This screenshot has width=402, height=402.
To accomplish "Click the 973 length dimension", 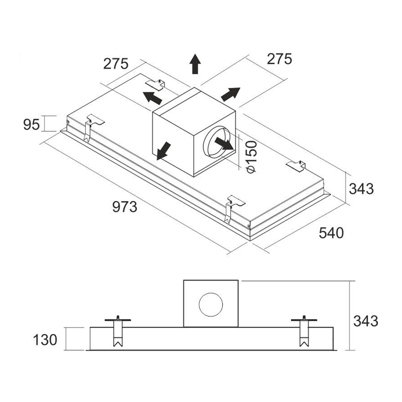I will (x=125, y=207).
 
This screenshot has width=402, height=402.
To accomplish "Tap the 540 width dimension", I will (x=331, y=232).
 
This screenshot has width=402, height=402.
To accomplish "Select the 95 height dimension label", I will (x=31, y=125).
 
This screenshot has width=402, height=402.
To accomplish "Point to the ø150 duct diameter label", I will (x=250, y=156).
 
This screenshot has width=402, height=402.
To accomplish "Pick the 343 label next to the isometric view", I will (x=361, y=188).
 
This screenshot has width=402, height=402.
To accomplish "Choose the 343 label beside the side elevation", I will (x=365, y=321).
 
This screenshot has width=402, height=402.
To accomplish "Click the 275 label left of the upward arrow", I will (x=115, y=64).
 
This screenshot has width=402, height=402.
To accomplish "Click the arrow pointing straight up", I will (x=195, y=64).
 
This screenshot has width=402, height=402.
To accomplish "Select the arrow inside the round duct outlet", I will (x=224, y=144).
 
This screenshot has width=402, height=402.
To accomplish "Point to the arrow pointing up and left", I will (x=152, y=97).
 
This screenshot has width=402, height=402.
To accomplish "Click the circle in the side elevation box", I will (x=210, y=304).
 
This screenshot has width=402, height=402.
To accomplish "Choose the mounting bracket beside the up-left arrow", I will (x=156, y=84).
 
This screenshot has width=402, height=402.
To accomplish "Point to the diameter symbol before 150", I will (x=251, y=169).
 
